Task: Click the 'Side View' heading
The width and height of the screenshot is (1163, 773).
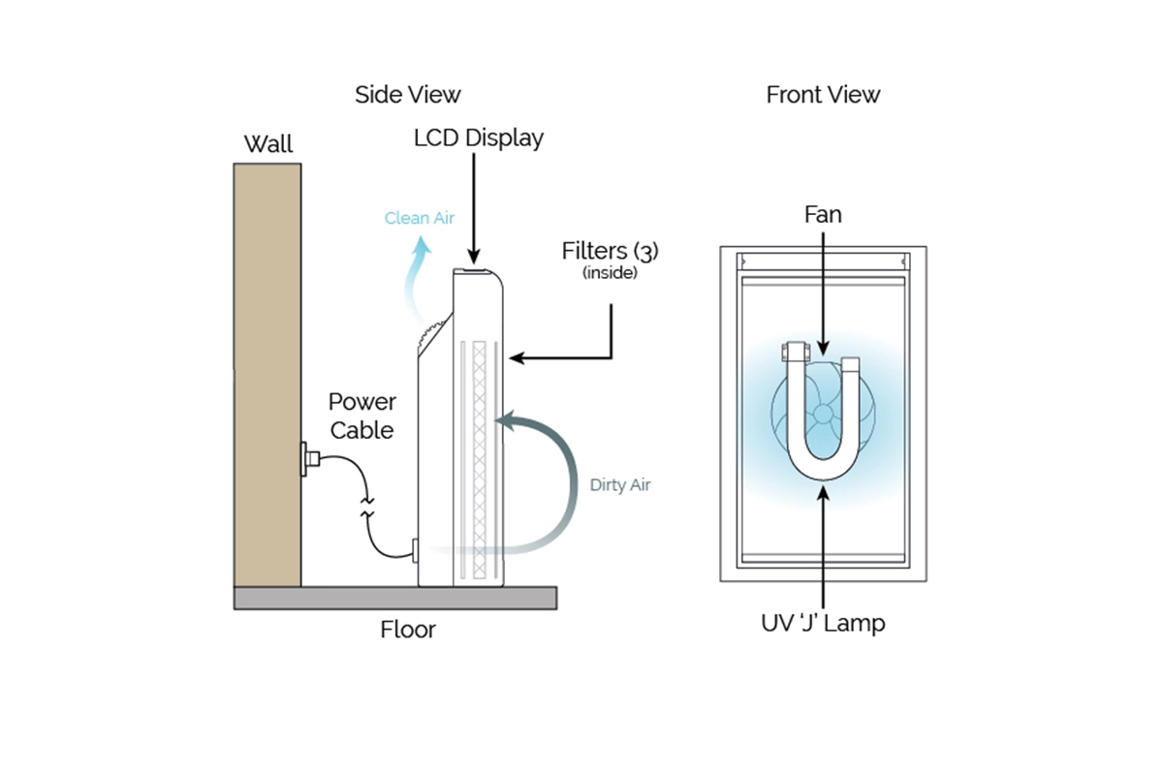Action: click(x=407, y=95)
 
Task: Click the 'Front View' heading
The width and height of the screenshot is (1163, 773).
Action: click(x=823, y=95)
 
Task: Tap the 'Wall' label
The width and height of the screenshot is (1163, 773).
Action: click(x=267, y=145)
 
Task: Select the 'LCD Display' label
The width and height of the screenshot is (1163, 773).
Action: click(x=478, y=139)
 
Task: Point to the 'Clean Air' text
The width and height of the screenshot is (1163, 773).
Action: click(x=420, y=218)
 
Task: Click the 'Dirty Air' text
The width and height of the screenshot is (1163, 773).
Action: click(x=620, y=485)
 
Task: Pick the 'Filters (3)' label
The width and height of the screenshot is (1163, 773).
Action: click(x=610, y=251)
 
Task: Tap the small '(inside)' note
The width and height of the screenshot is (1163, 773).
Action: click(x=610, y=273)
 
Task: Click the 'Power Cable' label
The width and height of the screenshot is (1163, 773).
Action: click(x=361, y=416)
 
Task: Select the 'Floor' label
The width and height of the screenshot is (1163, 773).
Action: click(x=408, y=630)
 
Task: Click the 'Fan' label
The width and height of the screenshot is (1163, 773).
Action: click(x=823, y=214)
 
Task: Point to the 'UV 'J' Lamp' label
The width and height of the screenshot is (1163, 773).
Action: click(x=823, y=624)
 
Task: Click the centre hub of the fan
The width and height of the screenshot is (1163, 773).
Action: click(x=823, y=415)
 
